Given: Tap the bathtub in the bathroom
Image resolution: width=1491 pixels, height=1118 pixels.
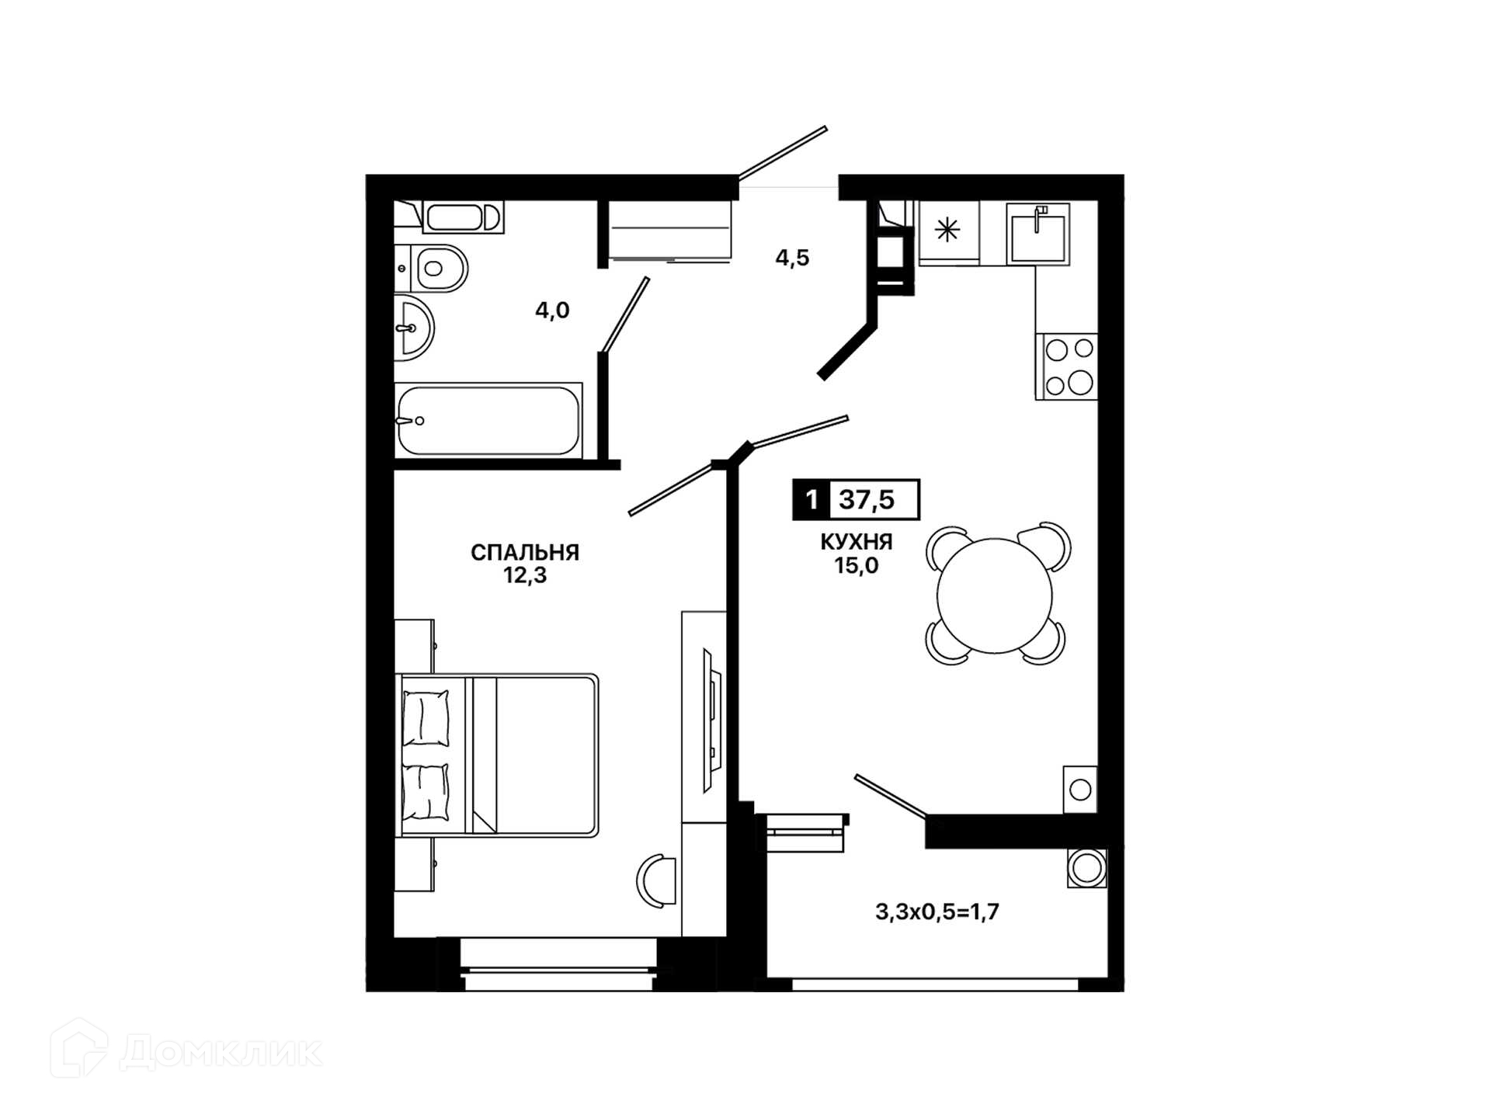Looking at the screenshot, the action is coord(488,420).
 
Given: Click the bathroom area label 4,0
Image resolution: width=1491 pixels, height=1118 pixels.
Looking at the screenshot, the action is coord(552,311).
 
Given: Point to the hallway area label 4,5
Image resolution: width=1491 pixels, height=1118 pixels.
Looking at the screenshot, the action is coord(792,258).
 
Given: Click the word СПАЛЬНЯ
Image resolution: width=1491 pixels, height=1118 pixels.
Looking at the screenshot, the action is coord(525,552).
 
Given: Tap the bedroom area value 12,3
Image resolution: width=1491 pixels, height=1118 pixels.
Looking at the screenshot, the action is coord(525,575).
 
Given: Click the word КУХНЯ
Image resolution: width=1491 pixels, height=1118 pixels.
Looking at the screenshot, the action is coord(857,542).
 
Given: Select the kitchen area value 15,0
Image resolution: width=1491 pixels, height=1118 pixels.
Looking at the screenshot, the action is coord(857,565).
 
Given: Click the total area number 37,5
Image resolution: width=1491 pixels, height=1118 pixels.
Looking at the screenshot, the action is coord(867,499).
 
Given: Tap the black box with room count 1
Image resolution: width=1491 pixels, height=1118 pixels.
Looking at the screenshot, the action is coord(812,499).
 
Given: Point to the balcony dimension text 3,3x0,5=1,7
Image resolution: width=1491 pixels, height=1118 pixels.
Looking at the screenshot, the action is coord(937,911).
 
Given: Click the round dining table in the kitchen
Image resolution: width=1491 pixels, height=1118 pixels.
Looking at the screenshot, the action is coord(995,595).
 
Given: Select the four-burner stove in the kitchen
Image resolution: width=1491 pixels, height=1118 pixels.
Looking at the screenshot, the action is coord(1066,366).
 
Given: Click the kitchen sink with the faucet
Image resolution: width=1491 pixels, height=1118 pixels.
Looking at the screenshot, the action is coord(1038,234).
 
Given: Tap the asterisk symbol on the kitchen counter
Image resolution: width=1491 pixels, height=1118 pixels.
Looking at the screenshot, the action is coord(947,230).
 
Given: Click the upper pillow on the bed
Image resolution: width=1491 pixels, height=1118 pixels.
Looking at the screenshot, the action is coord(426,718).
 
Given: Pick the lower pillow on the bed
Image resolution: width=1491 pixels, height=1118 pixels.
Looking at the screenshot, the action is coord(426,791).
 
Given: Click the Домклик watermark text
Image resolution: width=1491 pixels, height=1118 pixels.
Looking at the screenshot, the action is coord(221,1053).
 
